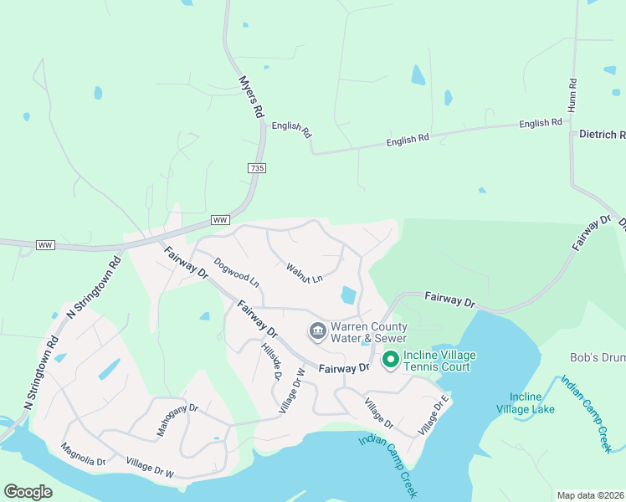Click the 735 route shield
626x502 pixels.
[257, 168]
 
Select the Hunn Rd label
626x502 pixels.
[572, 95]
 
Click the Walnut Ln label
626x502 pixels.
[304, 273]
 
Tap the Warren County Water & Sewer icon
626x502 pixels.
[317, 332]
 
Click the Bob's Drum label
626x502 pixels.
[598, 358]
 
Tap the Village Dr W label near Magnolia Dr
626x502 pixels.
[150, 467]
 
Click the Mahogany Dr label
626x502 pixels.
[177, 421]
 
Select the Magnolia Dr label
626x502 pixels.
[83, 455]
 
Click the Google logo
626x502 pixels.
[28, 492]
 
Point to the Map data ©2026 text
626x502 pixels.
[591, 495]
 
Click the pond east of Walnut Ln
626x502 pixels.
[348, 295]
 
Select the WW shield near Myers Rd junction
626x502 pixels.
[220, 220]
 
